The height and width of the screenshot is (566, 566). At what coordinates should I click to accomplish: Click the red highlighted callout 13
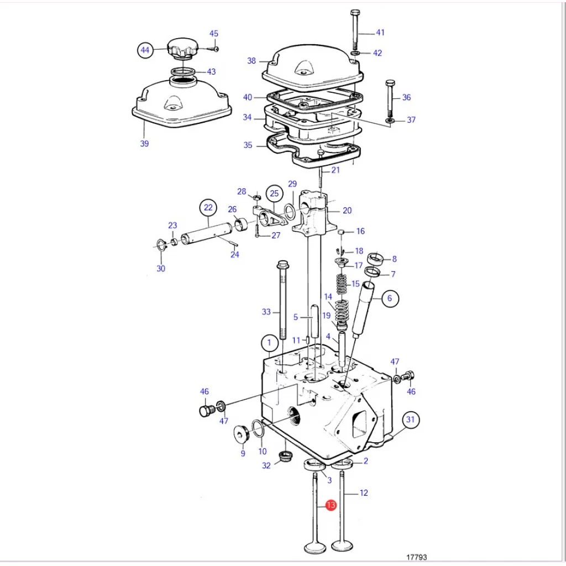tap(331, 505)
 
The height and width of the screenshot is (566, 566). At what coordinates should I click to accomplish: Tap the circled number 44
tap(145, 50)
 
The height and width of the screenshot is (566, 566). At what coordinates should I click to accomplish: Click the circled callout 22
tap(208, 208)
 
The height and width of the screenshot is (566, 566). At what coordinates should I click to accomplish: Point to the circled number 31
tap(410, 420)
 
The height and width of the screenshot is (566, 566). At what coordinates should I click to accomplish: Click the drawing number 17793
tap(416, 557)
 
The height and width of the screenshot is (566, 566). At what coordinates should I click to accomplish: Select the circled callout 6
tap(389, 298)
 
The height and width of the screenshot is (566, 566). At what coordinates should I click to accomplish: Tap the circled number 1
tap(269, 343)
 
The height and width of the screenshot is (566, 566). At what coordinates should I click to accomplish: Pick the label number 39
tap(144, 144)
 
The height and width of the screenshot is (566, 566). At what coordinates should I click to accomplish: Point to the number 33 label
tap(266, 312)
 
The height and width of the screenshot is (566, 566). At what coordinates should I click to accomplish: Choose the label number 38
tap(251, 61)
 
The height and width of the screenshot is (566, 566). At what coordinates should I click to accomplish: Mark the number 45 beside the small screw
tap(214, 34)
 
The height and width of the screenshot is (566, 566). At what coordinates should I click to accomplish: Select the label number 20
tap(347, 211)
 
